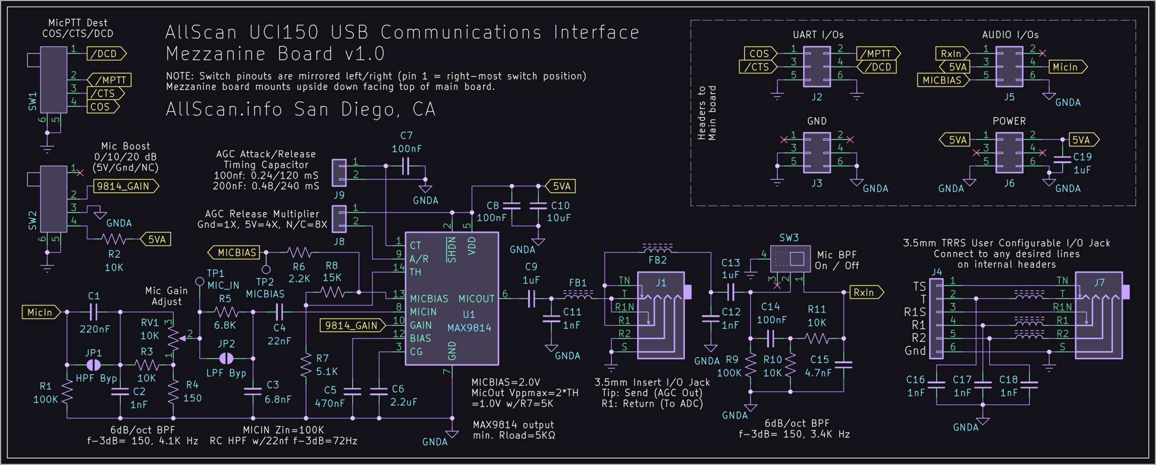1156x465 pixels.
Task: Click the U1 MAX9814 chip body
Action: click(x=451, y=298)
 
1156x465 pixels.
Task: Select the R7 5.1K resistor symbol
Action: click(x=306, y=365)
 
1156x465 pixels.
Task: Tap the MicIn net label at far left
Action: click(x=40, y=312)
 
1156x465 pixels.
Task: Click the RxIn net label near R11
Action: click(x=865, y=292)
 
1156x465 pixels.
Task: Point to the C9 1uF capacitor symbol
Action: click(x=531, y=298)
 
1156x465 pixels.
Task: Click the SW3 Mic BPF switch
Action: click(x=789, y=259)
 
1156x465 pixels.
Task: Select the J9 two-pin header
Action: click(x=339, y=172)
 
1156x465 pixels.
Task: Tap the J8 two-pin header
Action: click(x=339, y=219)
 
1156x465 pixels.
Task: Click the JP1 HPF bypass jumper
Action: click(x=93, y=365)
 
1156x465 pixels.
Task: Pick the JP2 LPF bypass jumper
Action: click(x=226, y=358)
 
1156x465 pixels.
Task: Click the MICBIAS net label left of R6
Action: click(x=235, y=252)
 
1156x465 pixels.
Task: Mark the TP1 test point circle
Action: click(x=199, y=281)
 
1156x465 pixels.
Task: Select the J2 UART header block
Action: click(x=816, y=66)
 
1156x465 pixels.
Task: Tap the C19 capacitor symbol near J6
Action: click(x=1063, y=159)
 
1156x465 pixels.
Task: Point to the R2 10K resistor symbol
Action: click(x=114, y=239)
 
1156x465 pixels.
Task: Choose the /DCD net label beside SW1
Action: click(x=106, y=54)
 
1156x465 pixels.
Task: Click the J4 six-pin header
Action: click(x=936, y=318)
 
